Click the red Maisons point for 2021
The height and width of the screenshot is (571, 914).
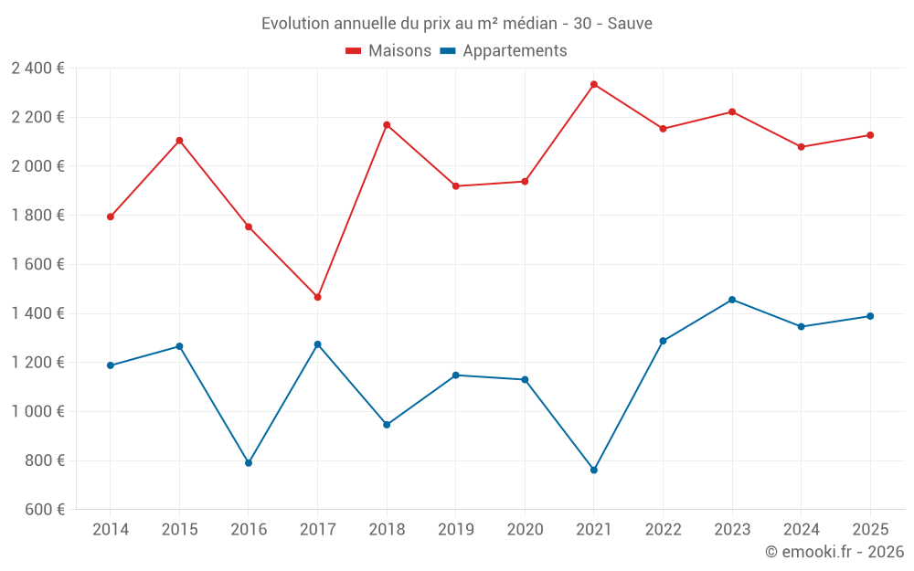594,84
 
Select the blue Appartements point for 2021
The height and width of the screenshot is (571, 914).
594,470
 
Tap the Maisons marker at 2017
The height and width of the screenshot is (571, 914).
317,297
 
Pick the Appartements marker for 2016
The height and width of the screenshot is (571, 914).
249,463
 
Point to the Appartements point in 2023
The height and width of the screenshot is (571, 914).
732,300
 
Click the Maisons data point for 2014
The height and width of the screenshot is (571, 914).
111,217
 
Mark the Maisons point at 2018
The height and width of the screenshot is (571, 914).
387,124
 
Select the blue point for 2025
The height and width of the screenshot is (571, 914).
870,316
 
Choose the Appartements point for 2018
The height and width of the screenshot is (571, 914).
387,425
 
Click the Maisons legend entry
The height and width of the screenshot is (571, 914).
388,51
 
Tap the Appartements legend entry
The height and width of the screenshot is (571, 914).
504,51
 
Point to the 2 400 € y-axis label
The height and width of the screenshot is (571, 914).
37,69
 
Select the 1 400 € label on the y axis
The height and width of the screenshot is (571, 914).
37,313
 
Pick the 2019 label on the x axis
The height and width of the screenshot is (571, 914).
455,530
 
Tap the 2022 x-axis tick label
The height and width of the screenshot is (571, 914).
663,530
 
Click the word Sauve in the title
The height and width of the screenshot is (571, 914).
631,24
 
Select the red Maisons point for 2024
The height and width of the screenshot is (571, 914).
802,147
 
